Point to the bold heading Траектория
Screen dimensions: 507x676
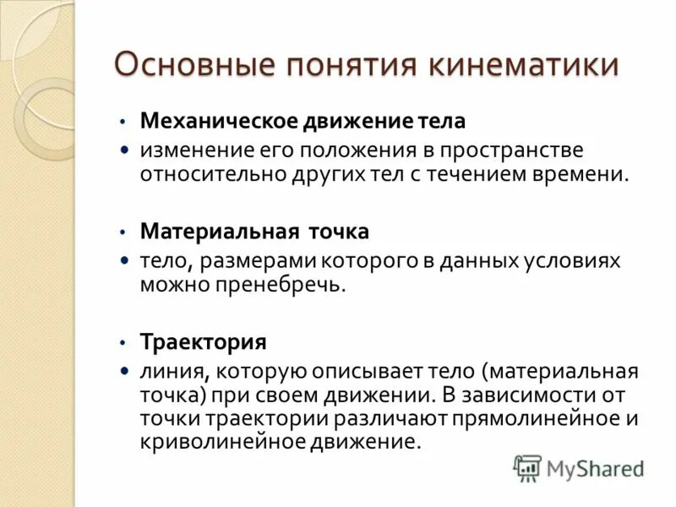(x=204, y=342)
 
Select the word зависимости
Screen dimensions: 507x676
(x=542, y=395)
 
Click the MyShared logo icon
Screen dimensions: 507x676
(x=527, y=467)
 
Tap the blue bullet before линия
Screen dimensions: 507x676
(x=124, y=371)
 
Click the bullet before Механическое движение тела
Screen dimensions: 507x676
(x=123, y=122)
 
